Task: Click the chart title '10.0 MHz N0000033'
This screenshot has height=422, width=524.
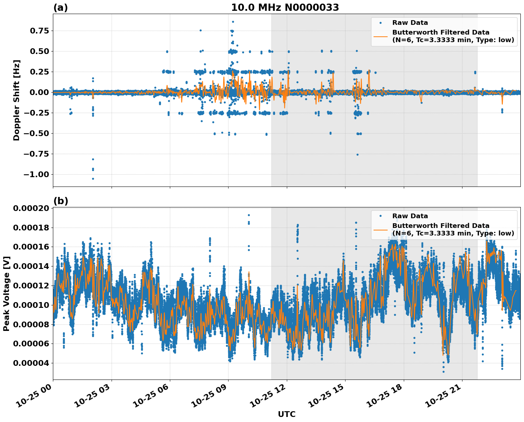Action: [285, 8]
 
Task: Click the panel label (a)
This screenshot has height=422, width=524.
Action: [60, 8]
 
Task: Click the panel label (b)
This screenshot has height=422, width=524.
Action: [60, 201]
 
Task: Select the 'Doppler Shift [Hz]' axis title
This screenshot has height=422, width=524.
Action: [17, 100]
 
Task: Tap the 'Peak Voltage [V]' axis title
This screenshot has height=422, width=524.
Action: [6, 293]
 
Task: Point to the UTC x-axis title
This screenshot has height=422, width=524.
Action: [286, 414]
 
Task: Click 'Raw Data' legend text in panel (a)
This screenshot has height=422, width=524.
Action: [410, 23]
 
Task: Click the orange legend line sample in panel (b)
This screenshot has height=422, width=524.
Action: [380, 229]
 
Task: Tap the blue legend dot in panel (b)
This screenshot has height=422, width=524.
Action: [380, 216]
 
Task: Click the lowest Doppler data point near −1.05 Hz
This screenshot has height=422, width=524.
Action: [93, 179]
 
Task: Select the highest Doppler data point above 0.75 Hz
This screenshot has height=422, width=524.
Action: [233, 22]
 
